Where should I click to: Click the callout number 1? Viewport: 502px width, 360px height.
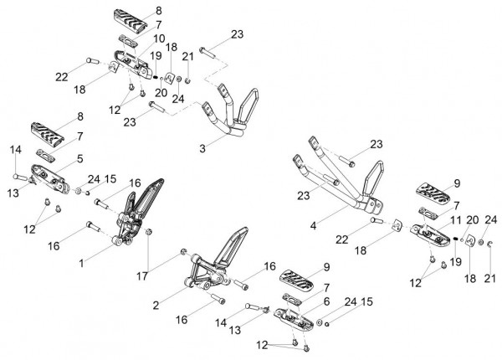point(82,263)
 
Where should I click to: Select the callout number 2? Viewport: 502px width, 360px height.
point(156,306)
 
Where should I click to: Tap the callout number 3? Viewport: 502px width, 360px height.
point(202,149)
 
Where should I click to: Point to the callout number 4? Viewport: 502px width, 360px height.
point(313,226)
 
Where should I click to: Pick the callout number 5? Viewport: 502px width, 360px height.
point(80,158)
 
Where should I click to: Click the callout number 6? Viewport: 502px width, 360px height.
point(326,301)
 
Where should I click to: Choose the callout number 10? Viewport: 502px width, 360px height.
point(159,39)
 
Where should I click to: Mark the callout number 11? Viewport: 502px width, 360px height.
point(456,220)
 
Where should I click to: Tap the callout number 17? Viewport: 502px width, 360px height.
point(142,276)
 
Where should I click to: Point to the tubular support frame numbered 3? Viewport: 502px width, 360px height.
point(232,112)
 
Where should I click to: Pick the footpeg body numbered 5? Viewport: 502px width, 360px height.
point(50,177)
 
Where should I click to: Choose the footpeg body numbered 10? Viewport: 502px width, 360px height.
point(133,63)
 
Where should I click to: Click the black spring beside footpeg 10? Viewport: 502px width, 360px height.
point(156,76)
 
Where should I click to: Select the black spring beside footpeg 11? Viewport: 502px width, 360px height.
point(456,238)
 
